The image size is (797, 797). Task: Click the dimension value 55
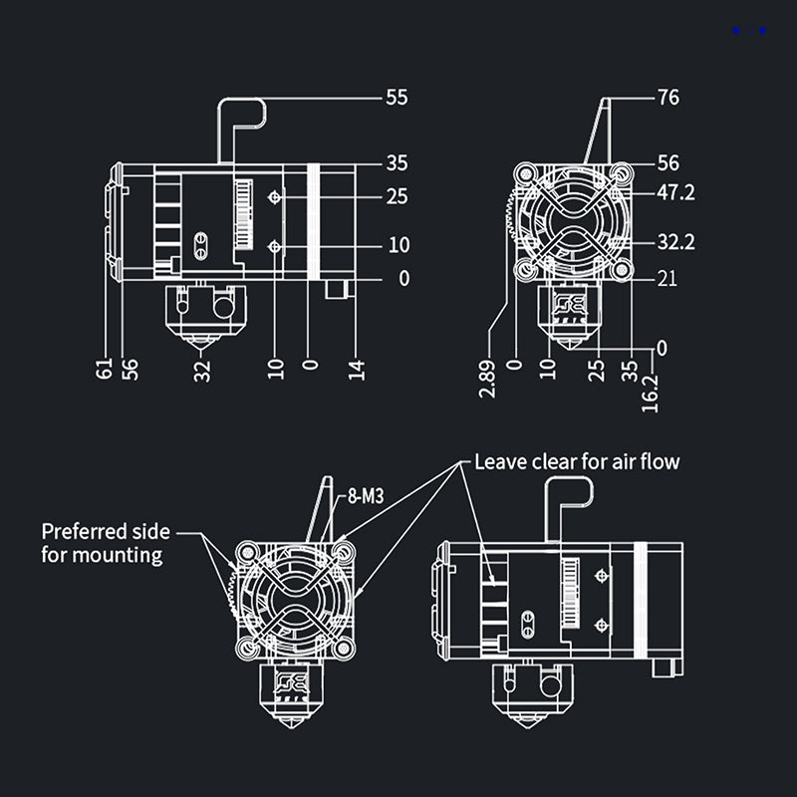tap(397, 98)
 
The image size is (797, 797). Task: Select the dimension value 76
tap(668, 98)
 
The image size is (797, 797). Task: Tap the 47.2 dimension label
tap(674, 192)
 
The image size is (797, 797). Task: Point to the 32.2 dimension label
tap(674, 241)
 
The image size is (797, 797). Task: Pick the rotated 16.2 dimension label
tap(651, 394)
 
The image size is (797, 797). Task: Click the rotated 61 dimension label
tap(104, 369)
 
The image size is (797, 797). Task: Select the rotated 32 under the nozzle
tap(202, 370)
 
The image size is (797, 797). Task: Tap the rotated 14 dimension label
tap(358, 369)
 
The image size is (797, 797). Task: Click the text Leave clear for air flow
tap(577, 462)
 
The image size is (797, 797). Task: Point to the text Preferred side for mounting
tap(105, 542)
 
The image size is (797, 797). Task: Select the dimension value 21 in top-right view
tap(666, 279)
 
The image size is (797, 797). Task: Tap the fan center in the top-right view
tap(572, 221)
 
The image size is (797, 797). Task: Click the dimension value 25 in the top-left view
tap(397, 197)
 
